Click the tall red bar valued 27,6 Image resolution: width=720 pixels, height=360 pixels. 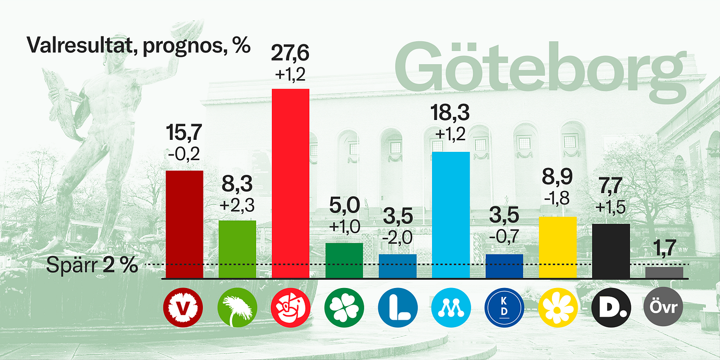[291, 183]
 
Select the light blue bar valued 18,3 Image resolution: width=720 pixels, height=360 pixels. [451, 215]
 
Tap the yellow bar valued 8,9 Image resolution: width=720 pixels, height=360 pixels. [558, 247]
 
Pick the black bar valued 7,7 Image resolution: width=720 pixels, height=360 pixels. [611, 251]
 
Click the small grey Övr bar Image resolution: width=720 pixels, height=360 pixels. [664, 272]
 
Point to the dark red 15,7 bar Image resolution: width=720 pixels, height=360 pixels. [185, 224]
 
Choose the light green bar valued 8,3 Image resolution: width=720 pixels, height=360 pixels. [237, 249]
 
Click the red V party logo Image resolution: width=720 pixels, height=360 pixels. [183, 308]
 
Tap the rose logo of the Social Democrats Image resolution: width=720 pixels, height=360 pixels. [291, 308]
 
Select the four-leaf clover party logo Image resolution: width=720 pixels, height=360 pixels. [344, 308]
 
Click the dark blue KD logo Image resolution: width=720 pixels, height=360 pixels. [504, 308]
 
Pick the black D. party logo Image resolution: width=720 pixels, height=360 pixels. [611, 308]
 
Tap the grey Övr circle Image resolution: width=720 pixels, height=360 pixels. [663, 307]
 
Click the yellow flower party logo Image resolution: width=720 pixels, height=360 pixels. [558, 308]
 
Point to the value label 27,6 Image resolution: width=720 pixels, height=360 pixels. [290, 53]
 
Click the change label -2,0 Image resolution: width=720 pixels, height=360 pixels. [397, 238]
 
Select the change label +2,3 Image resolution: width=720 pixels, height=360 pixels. [237, 205]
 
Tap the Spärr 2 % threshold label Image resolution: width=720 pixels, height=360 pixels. [92, 265]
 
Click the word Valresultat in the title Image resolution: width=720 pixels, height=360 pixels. [80, 45]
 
